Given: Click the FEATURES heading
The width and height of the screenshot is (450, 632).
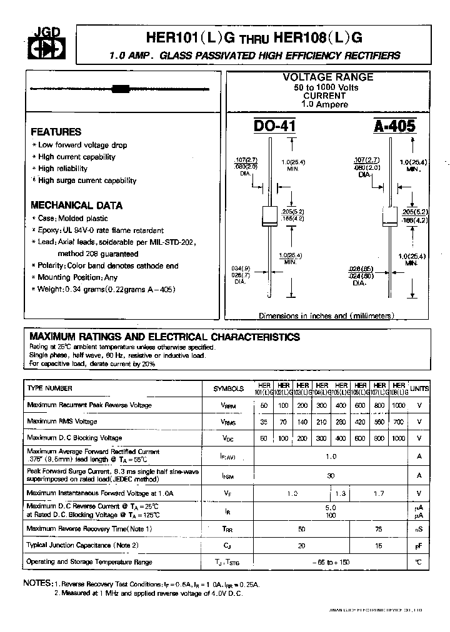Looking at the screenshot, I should (56, 132).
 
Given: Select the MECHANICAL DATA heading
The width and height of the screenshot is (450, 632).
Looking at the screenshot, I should (76, 205).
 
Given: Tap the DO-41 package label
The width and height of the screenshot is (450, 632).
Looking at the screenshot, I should (274, 126).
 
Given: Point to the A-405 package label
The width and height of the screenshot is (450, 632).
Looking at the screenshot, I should (394, 126).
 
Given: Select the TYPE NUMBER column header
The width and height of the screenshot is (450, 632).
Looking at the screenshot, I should (50, 388).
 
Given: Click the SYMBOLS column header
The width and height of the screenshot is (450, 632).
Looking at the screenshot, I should (229, 388).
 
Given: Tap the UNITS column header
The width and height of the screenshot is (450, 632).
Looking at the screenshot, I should (419, 388).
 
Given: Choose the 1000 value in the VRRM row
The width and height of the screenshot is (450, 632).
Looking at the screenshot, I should (398, 405).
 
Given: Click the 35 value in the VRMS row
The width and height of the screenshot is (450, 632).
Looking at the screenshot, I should (264, 422).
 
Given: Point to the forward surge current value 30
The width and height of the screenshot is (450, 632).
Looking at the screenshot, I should (331, 475).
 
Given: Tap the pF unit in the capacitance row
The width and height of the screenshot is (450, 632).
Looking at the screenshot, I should (419, 545).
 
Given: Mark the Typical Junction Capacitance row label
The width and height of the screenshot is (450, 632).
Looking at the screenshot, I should (82, 545).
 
